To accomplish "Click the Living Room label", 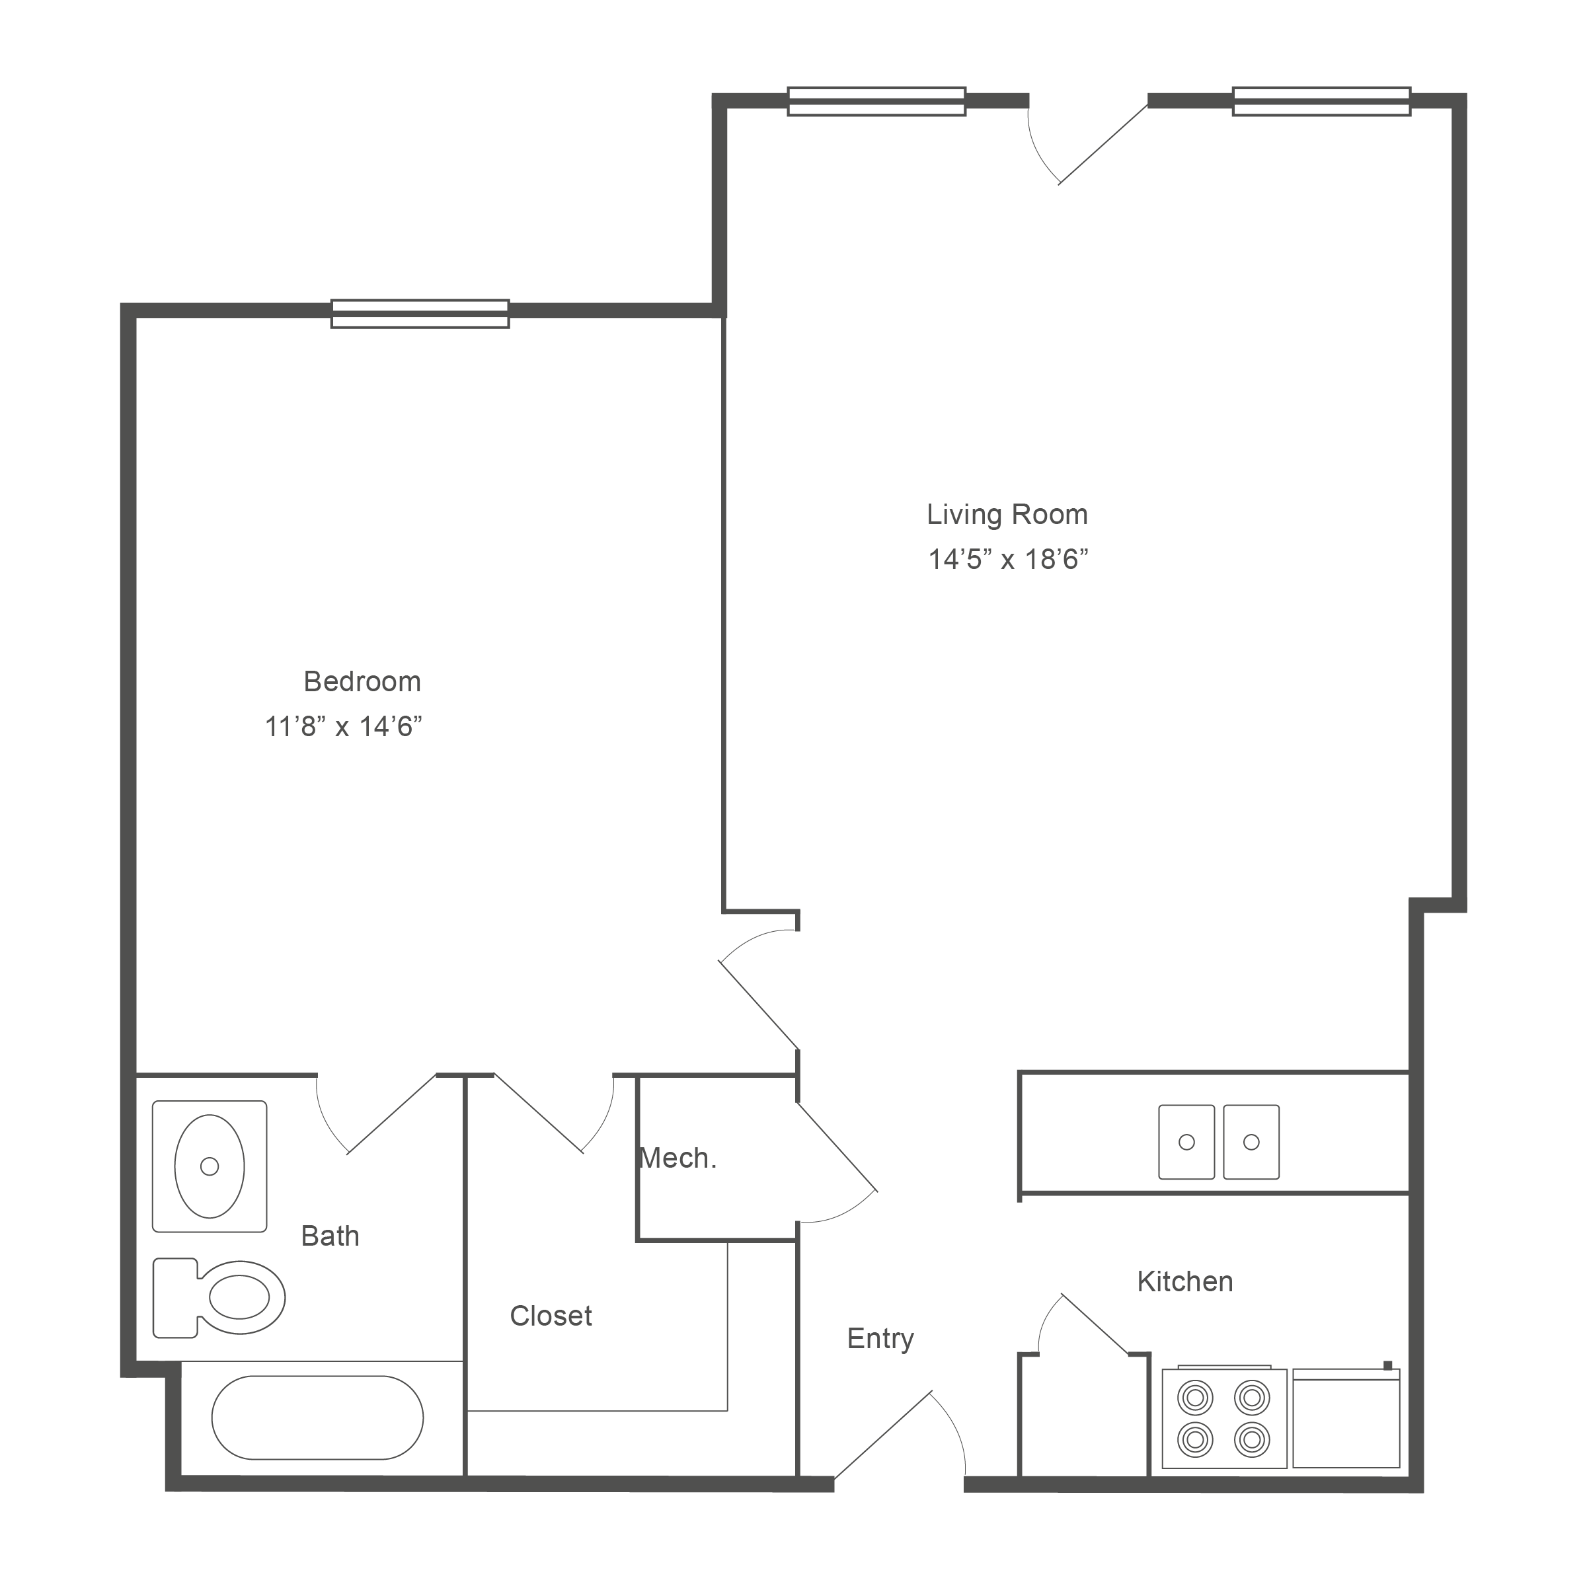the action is (1007, 515).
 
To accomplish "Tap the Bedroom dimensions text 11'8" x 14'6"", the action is (343, 727).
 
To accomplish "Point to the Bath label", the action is (330, 1236).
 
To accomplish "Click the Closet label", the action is (551, 1316).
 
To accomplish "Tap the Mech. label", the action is (677, 1158).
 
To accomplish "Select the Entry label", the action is (880, 1339).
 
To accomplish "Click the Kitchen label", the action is (1185, 1281).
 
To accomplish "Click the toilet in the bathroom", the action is (219, 1298).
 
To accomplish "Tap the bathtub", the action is (318, 1417).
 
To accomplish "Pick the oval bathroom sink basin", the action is (210, 1166).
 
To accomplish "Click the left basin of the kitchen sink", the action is (1186, 1142).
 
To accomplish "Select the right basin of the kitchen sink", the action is (1251, 1142).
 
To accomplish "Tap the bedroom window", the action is (420, 314).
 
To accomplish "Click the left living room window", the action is (876, 101).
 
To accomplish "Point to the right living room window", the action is (1322, 101).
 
